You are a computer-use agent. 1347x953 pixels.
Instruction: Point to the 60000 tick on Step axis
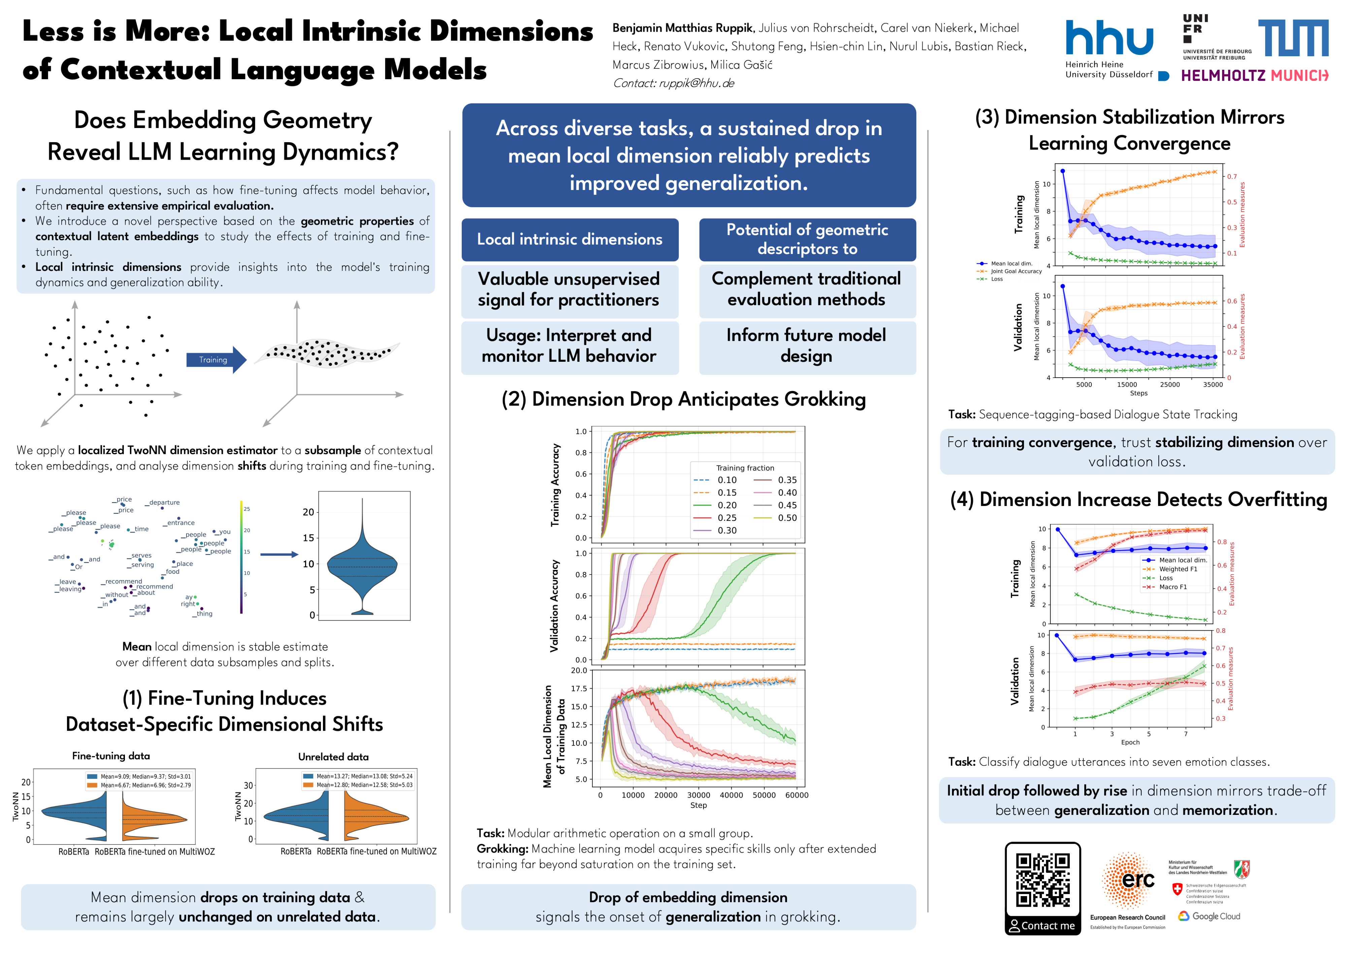(796, 795)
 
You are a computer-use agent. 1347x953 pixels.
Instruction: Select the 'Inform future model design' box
(807, 346)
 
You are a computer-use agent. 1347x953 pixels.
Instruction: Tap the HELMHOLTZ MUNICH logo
(1254, 76)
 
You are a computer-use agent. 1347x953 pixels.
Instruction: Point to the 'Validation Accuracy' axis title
(554, 606)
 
